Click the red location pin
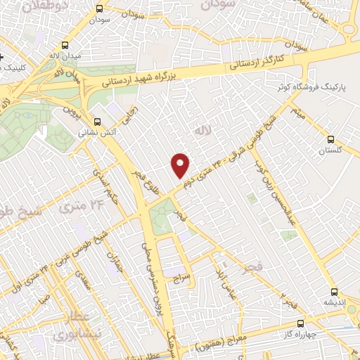[x=181, y=164]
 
